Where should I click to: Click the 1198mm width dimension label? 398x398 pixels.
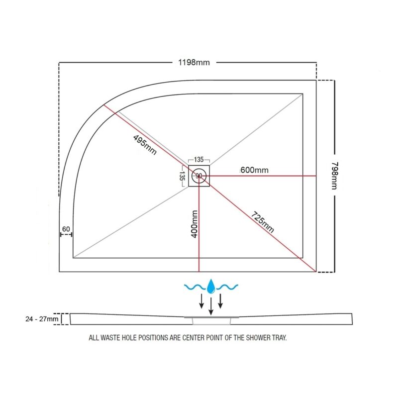point(194,63)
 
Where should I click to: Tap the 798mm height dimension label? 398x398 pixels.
point(334,176)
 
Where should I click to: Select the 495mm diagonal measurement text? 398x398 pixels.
point(145,145)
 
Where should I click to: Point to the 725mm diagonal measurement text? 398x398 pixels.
point(263,222)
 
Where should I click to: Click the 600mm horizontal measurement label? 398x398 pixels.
point(254,170)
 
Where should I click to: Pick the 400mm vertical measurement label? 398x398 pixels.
point(194,224)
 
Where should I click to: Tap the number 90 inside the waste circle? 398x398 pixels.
point(199,176)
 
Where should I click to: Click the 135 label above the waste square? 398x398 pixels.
point(199,160)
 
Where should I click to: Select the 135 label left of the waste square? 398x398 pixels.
point(182,176)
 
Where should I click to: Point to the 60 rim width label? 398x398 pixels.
point(66,229)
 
